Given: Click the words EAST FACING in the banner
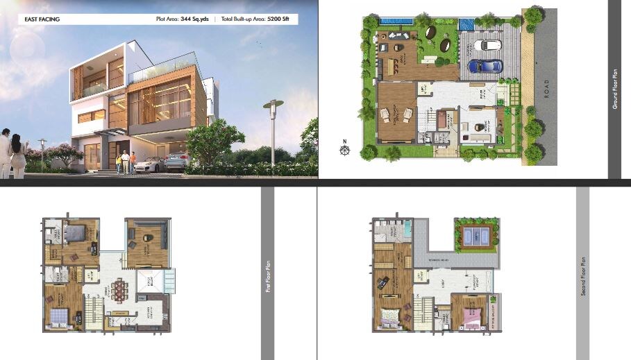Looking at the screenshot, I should click(x=40, y=19).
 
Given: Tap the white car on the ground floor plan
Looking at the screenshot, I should click(x=490, y=45).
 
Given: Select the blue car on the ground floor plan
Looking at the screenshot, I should click(x=485, y=66).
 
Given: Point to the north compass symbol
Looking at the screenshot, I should click(x=344, y=148).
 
